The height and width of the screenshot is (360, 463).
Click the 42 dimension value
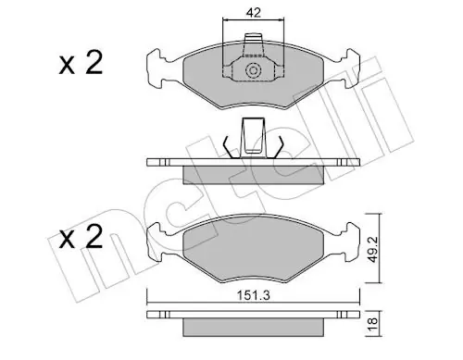pos(253,13)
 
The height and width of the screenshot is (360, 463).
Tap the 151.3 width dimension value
pos(253,295)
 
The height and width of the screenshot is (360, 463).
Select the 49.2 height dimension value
pos(373,250)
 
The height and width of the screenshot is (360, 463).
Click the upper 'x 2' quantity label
pos(81,64)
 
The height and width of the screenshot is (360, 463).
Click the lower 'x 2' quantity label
pos(81,237)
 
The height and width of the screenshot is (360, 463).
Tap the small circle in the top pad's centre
pos(253,71)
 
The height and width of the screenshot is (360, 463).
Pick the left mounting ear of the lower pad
pos(156,242)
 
